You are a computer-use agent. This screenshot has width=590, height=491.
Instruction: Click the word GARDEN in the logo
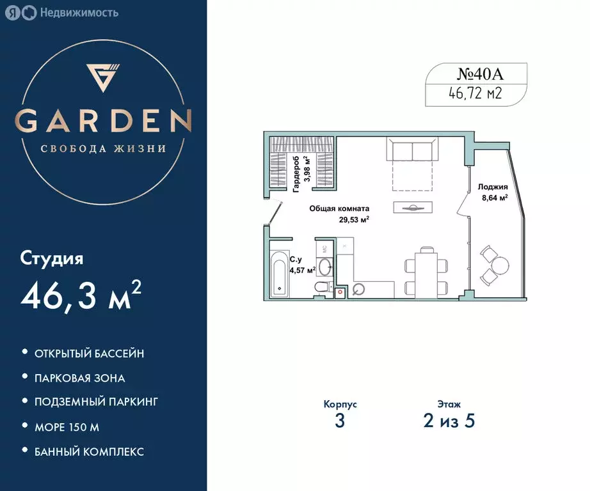(x=103, y=120)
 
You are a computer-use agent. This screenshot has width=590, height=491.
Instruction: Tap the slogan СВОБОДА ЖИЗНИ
(x=103, y=148)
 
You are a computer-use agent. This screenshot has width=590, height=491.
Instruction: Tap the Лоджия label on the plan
(x=493, y=187)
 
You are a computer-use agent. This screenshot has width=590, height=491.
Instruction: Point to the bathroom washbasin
(x=324, y=266)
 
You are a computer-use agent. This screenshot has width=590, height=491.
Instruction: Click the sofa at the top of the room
(x=412, y=152)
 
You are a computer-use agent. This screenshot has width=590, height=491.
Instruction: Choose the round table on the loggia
(x=501, y=264)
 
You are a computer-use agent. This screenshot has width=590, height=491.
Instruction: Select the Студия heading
(x=52, y=259)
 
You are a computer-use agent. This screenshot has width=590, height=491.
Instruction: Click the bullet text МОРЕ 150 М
(x=68, y=426)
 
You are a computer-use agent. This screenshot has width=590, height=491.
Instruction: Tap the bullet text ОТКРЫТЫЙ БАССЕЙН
(x=90, y=353)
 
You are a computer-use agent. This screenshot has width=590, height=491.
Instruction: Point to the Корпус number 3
(x=340, y=421)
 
